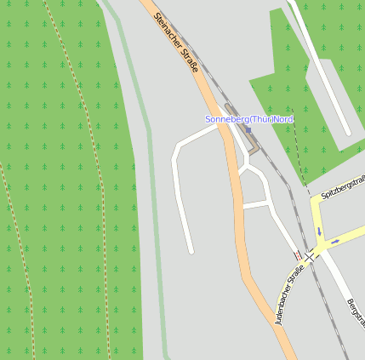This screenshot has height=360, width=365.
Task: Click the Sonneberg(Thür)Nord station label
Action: point(248,119)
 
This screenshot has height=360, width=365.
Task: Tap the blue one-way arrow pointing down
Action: point(319,231)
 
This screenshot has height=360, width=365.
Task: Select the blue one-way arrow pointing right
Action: point(336,241)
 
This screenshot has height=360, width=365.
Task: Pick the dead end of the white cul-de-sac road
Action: point(191,251)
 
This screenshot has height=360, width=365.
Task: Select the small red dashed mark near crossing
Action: point(297,255)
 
